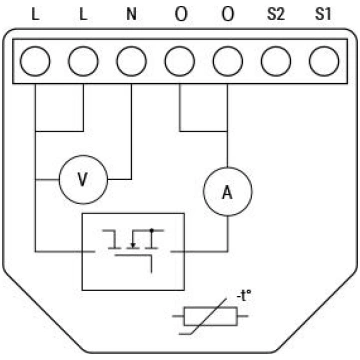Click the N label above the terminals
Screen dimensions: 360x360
(x=132, y=15)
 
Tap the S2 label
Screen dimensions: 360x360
(x=275, y=15)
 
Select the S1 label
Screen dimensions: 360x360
(x=323, y=15)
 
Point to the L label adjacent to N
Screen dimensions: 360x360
(x=83, y=15)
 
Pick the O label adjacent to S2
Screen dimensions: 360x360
(x=228, y=15)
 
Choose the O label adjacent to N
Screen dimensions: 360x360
(x=181, y=15)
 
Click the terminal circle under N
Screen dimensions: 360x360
(x=132, y=61)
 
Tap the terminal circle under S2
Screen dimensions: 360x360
(x=276, y=61)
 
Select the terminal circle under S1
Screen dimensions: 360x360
(x=324, y=61)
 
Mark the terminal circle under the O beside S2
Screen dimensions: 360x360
(x=228, y=61)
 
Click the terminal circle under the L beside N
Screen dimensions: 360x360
(x=83, y=61)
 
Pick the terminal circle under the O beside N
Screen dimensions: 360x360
(x=180, y=61)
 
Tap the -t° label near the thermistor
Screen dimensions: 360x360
(x=245, y=296)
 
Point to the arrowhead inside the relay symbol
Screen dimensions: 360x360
(x=133, y=246)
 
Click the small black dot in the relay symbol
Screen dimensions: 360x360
(x=152, y=230)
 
